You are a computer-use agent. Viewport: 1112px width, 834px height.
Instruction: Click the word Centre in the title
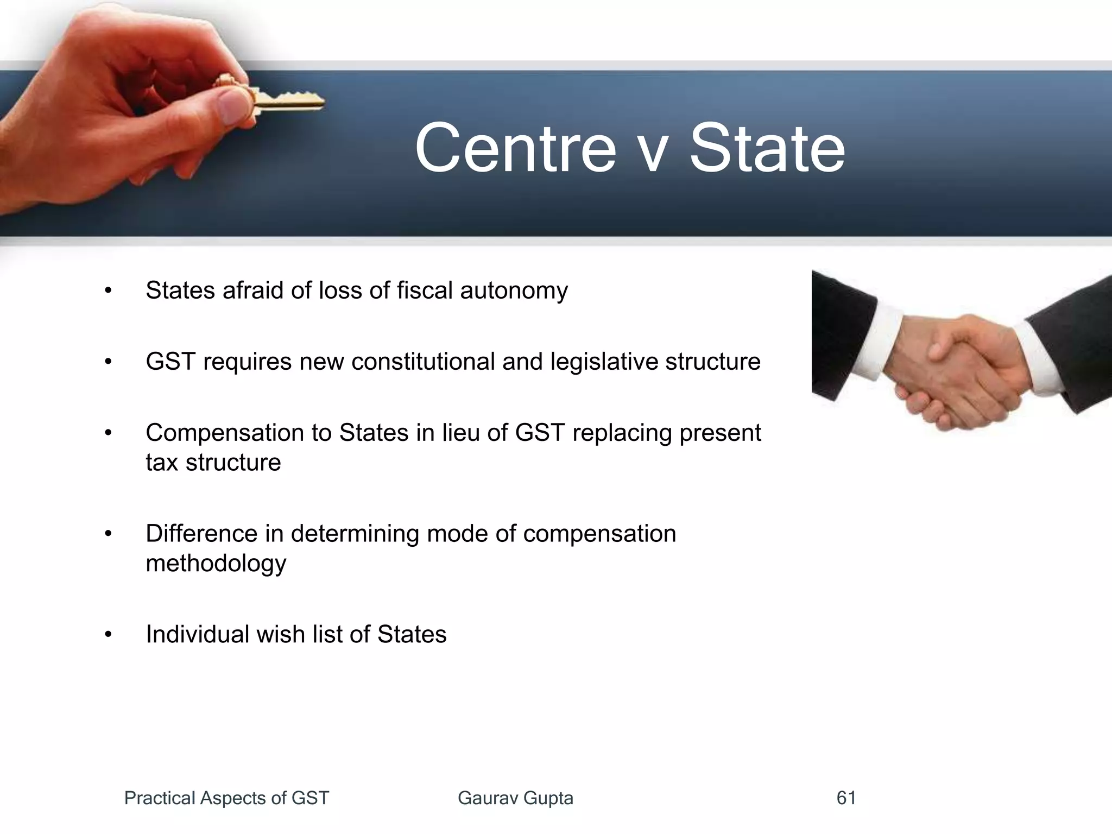pyautogui.click(x=515, y=148)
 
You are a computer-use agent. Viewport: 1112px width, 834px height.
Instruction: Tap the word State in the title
pyautogui.click(x=767, y=148)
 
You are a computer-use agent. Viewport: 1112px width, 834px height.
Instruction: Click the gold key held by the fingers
pyautogui.click(x=288, y=100)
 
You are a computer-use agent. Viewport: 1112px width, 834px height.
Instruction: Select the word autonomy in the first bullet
pyautogui.click(x=514, y=291)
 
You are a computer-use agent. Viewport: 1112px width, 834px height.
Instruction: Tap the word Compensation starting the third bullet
pyautogui.click(x=224, y=433)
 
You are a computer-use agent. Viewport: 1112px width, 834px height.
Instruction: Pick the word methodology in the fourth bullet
pyautogui.click(x=216, y=564)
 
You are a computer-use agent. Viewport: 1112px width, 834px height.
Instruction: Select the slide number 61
pyautogui.click(x=846, y=798)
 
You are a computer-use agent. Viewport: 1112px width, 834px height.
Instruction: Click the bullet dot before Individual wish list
pyautogui.click(x=108, y=635)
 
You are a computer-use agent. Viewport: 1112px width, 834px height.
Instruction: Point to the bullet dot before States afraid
pyautogui.click(x=108, y=291)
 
